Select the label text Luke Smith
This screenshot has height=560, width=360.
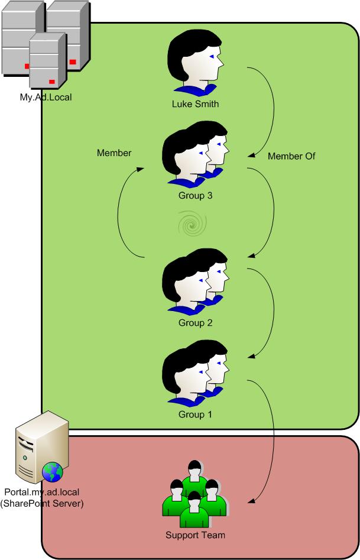tap(194, 105)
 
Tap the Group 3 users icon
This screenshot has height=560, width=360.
tap(194, 156)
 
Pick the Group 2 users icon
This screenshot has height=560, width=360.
tap(194, 282)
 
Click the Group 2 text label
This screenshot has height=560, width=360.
tap(194, 323)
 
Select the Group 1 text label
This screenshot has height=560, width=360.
tap(194, 415)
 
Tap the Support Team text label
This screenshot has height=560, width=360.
tap(194, 536)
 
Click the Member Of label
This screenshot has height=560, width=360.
tap(291, 157)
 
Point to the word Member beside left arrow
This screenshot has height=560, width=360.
tap(114, 153)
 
